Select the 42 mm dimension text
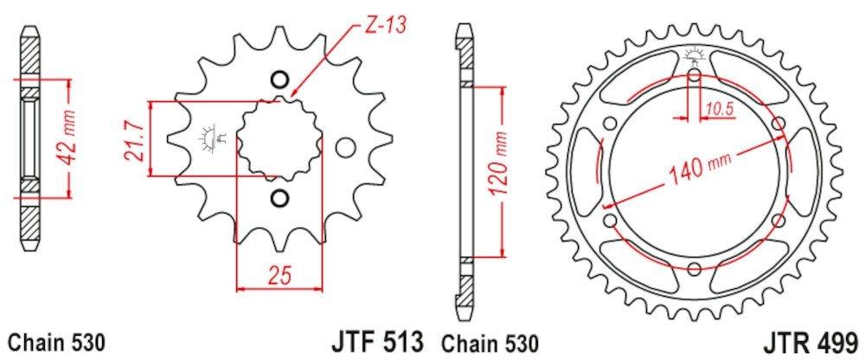tap(68, 138)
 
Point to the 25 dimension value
tap(279, 275)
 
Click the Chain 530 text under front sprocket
tap(56, 343)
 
